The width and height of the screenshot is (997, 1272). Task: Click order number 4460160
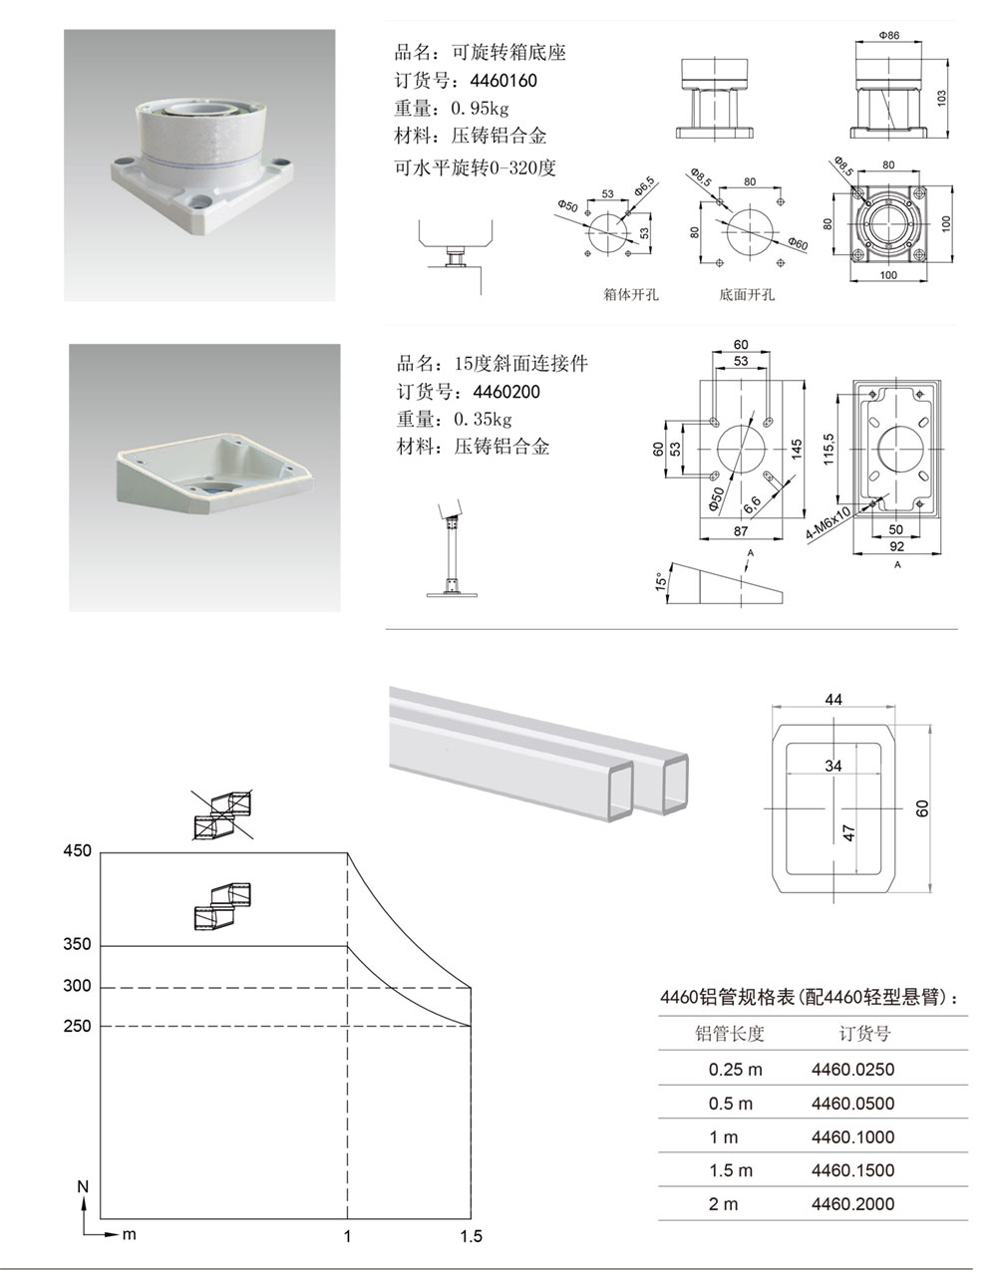click(x=503, y=81)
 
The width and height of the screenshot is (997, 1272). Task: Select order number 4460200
click(x=503, y=392)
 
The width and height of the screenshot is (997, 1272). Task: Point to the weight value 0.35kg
click(x=483, y=419)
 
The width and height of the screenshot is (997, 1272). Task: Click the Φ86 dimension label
click(x=889, y=35)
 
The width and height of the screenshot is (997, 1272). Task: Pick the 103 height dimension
click(x=941, y=98)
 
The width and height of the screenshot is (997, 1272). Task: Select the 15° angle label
click(x=660, y=582)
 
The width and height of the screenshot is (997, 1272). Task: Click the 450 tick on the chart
click(x=77, y=851)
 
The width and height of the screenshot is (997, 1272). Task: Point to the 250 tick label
click(x=77, y=1026)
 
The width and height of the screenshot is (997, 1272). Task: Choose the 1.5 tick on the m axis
click(x=471, y=1236)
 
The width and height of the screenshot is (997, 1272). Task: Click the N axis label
click(x=84, y=1187)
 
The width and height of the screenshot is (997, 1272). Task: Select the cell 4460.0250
click(x=852, y=1070)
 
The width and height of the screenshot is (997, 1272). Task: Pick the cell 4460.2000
click(x=852, y=1203)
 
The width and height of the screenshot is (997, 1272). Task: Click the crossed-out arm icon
click(x=223, y=814)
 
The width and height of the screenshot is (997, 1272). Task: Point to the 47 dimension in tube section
click(x=849, y=830)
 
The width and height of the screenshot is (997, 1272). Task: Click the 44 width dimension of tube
click(x=833, y=700)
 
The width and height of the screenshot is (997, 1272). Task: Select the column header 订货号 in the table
click(x=864, y=1034)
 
